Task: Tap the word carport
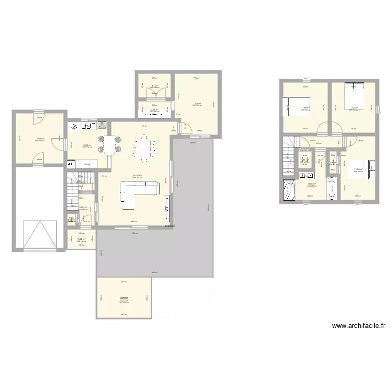124,298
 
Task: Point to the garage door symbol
40,235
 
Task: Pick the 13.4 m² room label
197,103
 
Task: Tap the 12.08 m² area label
39,138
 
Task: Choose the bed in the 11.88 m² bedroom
297,106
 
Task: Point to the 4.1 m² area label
154,86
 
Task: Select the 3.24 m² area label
81,240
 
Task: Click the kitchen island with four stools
109,145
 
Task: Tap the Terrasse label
169,226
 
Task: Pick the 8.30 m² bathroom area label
312,184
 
